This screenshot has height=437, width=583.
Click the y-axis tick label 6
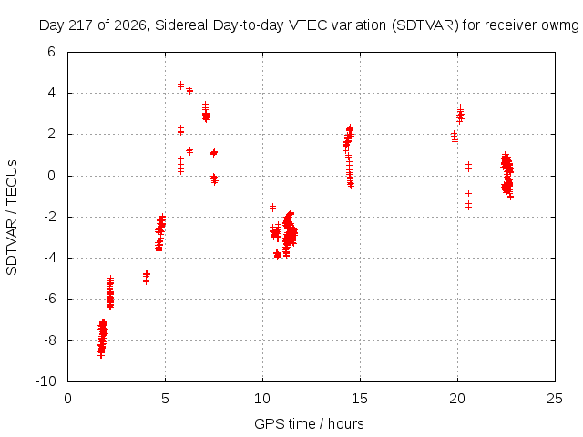(51, 52)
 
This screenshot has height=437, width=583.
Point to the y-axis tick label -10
(46, 381)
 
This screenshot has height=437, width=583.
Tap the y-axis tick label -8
(49, 340)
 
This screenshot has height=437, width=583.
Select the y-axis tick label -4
(49, 258)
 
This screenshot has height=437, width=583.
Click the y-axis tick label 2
(51, 134)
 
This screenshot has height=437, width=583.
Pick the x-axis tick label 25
(555, 399)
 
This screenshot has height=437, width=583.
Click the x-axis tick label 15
(360, 399)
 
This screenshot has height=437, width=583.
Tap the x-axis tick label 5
(165, 399)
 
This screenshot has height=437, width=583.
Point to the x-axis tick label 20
(457, 399)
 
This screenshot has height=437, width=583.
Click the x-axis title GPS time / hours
(309, 424)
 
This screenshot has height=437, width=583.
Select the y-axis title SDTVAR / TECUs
(12, 218)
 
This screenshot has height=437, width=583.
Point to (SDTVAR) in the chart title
(425, 25)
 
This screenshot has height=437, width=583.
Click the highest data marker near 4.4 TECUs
(180, 85)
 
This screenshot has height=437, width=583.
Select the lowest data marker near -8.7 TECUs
(101, 355)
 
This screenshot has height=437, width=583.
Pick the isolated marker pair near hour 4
(147, 277)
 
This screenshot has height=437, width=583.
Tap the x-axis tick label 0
(67, 399)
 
